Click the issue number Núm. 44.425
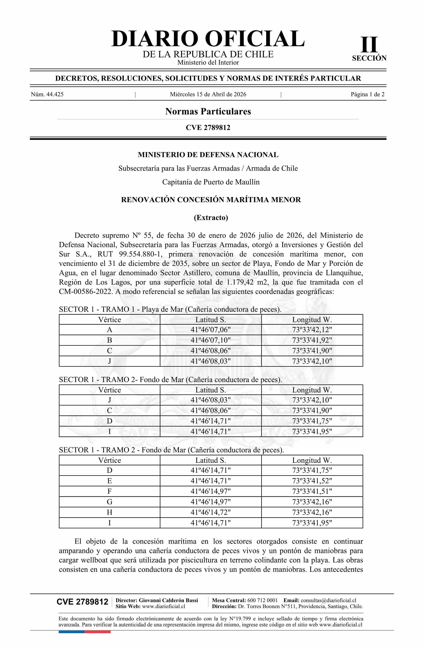tap(47, 94)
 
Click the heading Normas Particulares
tap(208, 111)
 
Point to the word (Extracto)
tap(211, 218)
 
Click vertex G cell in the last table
tap(110, 502)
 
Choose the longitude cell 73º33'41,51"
tap(312, 491)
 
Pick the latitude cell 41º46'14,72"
tap(211, 512)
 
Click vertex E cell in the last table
tap(110, 481)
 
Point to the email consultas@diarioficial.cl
tap(328, 600)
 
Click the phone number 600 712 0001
tap(262, 600)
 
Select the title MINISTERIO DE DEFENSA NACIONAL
tap(208, 155)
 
